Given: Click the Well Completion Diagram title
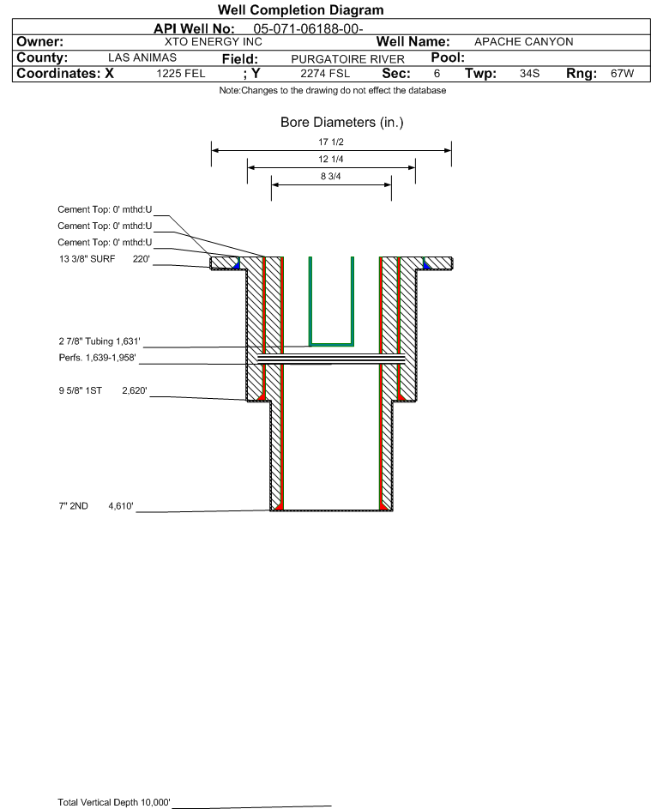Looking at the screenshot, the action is coord(301,9).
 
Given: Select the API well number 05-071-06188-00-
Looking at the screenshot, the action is coord(308,29).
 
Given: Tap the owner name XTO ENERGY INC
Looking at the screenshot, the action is coord(213,42).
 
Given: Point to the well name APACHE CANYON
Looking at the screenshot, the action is coord(523,42).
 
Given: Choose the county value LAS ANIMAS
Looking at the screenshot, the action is coord(142,57).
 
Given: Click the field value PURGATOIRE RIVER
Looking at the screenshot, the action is coord(347,59).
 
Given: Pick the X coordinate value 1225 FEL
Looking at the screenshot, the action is coord(180,73).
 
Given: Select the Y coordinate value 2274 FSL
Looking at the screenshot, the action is coord(325,73).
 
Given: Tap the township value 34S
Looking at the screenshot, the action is coord(529,73).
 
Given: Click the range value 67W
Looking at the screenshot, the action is coord(622,73).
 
